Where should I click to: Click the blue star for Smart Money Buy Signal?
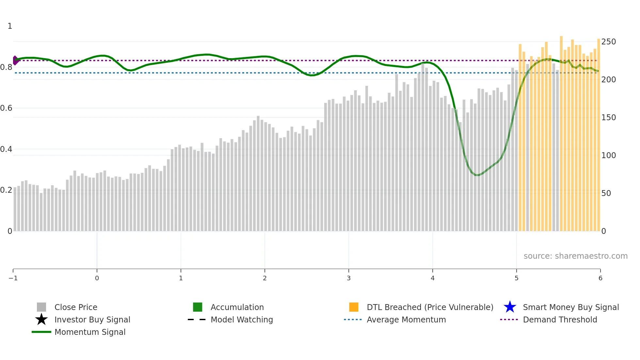pyautogui.click(x=510, y=307)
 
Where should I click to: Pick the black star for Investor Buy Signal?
pyautogui.click(x=41, y=319)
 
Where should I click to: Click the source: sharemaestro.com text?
pyautogui.click(x=575, y=256)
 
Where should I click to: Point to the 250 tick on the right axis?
pyautogui.click(x=608, y=42)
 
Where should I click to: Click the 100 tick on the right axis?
pyautogui.click(x=608, y=155)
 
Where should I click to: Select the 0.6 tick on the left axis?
pyautogui.click(x=6, y=108)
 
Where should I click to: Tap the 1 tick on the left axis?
pyautogui.click(x=10, y=26)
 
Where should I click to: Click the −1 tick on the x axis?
pyautogui.click(x=13, y=278)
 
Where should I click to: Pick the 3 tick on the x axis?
pyautogui.click(x=349, y=278)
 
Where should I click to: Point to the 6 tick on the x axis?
pyautogui.click(x=600, y=278)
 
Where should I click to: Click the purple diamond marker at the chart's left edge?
pyautogui.click(x=15, y=60)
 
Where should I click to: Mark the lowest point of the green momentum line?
pyautogui.click(x=477, y=175)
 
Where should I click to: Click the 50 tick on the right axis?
pyautogui.click(x=606, y=193)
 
